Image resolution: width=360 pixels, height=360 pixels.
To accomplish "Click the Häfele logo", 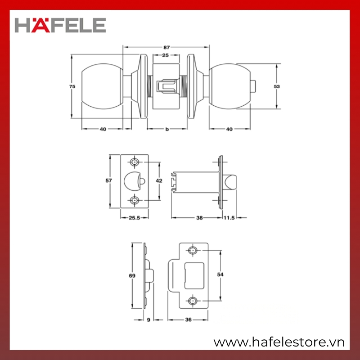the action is click(60, 25).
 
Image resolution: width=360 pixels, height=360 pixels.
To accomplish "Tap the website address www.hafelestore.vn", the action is click(279, 342).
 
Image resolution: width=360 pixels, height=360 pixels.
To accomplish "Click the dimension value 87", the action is click(166, 48).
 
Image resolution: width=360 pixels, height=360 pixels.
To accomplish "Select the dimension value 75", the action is click(72, 86).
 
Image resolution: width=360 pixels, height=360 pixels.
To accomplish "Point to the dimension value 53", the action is click(277, 86).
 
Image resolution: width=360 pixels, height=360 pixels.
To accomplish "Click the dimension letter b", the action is click(167, 129).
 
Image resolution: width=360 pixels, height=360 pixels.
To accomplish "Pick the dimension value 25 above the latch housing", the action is click(165, 55).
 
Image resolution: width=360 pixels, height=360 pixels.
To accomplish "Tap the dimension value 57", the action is click(108, 181).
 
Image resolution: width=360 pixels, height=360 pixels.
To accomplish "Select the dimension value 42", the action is click(159, 181).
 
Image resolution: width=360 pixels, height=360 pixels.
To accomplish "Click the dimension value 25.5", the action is click(134, 218).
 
